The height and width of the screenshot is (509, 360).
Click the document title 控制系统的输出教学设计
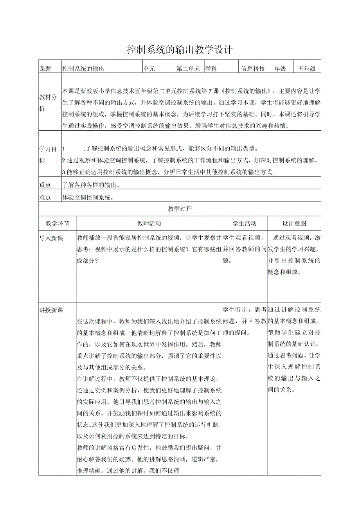[x=180, y=50]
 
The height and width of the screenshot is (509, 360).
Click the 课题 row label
[x=45, y=69]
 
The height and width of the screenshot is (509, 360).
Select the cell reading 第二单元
[x=188, y=69]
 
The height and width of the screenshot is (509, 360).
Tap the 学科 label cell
[x=211, y=69]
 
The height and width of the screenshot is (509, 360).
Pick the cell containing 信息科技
[x=253, y=69]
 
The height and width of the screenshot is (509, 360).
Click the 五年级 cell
[x=307, y=69]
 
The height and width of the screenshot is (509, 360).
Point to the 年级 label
[x=280, y=69]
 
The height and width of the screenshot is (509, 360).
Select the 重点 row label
[x=45, y=185]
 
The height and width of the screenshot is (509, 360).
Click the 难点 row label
[x=45, y=198]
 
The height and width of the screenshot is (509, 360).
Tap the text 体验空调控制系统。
[x=88, y=198]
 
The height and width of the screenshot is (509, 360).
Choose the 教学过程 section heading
[x=180, y=209]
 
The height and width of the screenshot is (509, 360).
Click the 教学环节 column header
[x=58, y=223]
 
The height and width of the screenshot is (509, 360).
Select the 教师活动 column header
[x=149, y=223]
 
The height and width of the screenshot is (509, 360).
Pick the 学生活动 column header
[x=245, y=223]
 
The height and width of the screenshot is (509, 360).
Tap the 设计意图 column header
[x=294, y=223]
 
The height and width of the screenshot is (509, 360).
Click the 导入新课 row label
[x=51, y=238]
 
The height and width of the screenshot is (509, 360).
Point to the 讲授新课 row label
[x=51, y=310]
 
